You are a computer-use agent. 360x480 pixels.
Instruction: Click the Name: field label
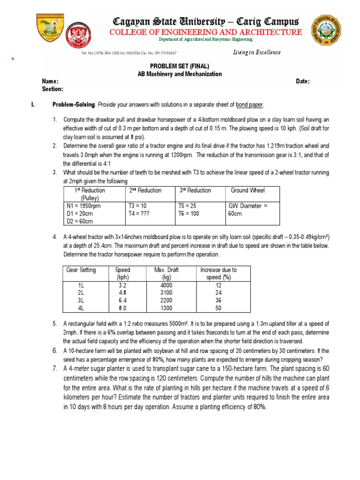[x=50, y=82]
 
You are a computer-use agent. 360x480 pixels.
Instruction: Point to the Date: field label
[x=303, y=82]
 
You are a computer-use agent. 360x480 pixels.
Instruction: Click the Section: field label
[x=52, y=89]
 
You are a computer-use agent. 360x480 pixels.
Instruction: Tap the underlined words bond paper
[x=250, y=104]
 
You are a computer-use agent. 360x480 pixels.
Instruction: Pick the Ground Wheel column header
[x=247, y=190]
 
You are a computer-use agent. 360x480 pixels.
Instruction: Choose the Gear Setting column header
[x=81, y=270]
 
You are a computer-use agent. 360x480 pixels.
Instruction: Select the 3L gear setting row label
[x=81, y=300]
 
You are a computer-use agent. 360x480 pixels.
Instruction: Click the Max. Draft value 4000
[x=166, y=285]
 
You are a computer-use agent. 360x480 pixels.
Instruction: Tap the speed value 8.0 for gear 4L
[x=123, y=308]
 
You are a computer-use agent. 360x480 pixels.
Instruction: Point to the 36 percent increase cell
[x=218, y=300]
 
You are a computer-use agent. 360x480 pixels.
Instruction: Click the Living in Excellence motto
[x=257, y=52]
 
